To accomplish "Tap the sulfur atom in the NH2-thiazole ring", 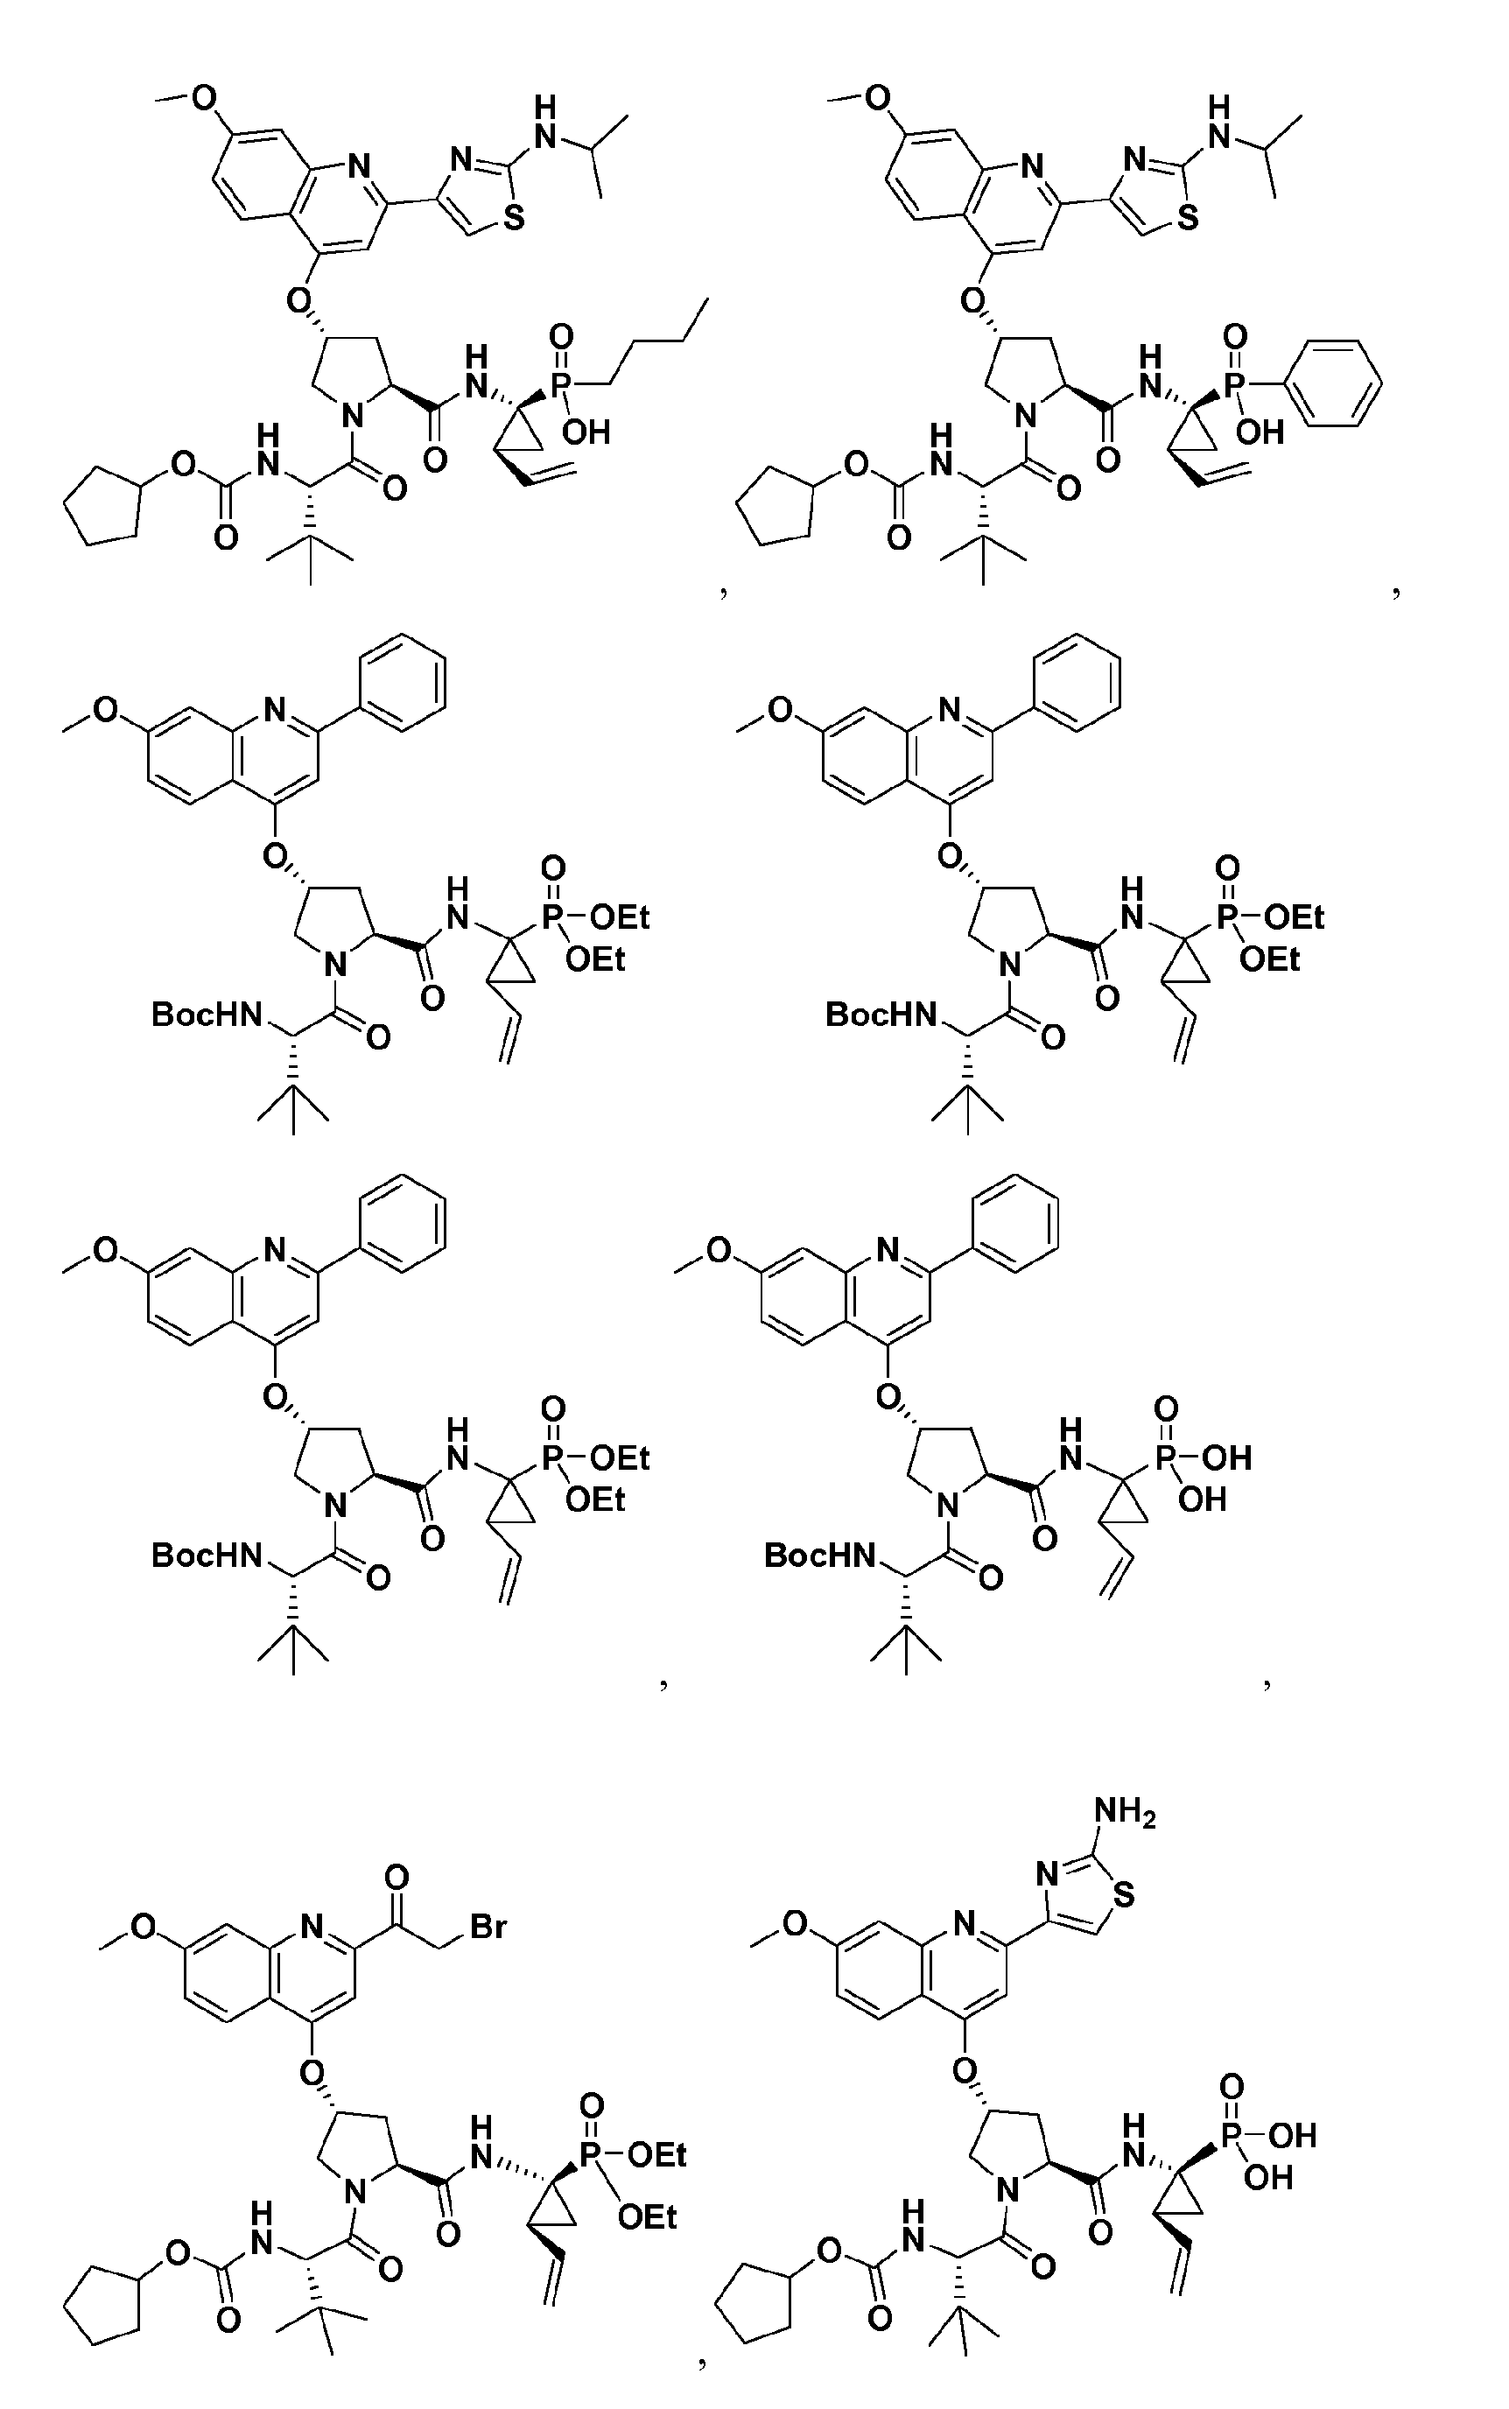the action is point(1124,1893).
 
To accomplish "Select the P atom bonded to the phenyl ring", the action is point(1234,384).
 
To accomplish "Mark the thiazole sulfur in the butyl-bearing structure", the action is point(513,218).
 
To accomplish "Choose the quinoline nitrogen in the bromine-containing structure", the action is point(312,1926).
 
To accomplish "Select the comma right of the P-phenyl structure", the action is point(1395,592).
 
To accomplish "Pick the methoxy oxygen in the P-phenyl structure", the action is point(877,97).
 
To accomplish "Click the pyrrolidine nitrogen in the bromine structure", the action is point(354,2191).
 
